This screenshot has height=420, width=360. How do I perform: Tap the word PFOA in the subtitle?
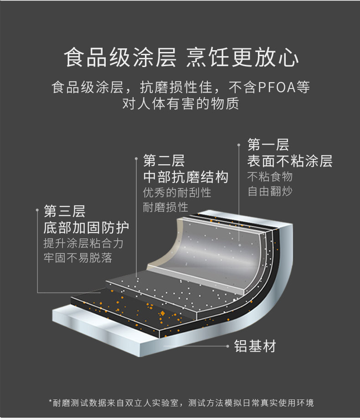278,87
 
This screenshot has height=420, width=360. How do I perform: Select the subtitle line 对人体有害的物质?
180,104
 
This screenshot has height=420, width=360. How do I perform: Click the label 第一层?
268,145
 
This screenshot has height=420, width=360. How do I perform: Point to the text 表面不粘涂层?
289,161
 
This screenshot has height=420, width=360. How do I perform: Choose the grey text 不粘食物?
270,176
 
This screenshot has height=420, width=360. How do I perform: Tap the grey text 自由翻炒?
270,191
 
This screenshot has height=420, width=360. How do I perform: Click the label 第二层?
164,161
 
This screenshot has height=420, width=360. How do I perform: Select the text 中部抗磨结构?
185,176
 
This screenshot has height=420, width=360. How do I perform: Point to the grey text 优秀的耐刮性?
177,192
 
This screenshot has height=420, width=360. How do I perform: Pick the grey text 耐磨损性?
165,207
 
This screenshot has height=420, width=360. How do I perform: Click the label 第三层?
64,211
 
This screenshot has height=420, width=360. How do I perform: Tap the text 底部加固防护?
86,227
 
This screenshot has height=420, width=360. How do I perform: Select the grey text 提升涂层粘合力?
83,243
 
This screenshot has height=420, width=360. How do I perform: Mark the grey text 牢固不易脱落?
77,258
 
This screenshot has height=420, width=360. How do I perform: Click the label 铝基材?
255,346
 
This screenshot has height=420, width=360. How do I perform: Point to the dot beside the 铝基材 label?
227,346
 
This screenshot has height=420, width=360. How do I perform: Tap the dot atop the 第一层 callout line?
239,145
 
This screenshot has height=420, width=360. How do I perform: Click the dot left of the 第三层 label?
37,210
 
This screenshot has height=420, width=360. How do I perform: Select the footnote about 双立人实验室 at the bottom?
181,403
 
